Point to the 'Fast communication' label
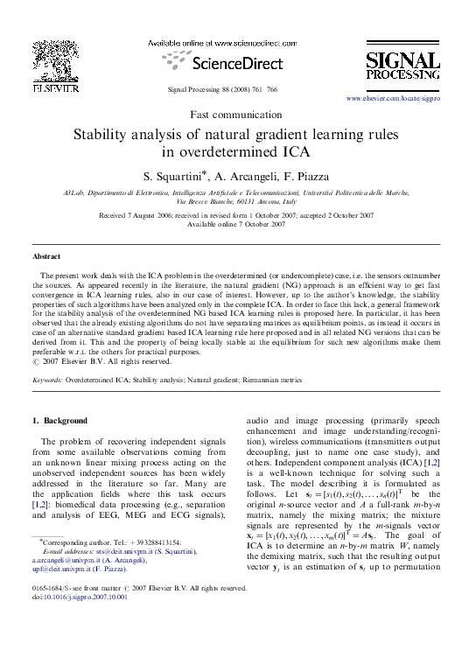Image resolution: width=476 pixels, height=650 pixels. click(x=238, y=115)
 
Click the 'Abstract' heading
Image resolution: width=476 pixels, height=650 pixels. click(x=46, y=256)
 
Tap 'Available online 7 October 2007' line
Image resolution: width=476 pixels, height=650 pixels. click(x=237, y=224)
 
